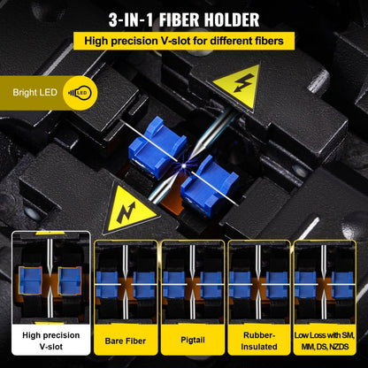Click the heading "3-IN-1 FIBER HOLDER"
[184, 19]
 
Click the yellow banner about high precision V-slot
[184, 41]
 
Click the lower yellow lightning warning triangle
[130, 210]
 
